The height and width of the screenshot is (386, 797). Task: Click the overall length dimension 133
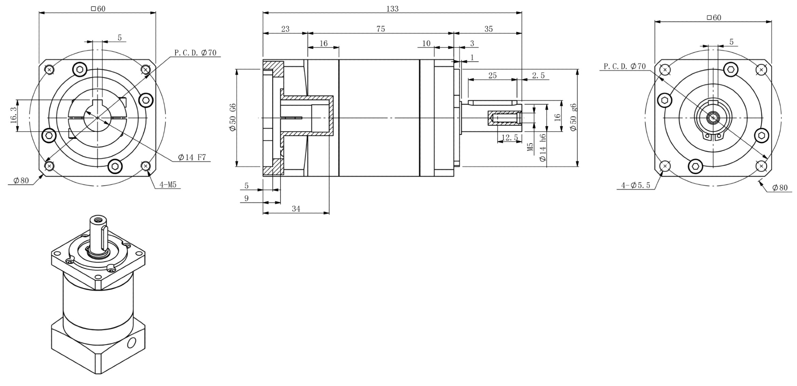(x=392, y=9)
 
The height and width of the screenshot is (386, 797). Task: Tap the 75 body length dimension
(x=381, y=29)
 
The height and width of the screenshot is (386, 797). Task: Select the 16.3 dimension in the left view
(x=14, y=115)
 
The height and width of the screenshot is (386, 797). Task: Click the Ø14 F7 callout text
(x=192, y=157)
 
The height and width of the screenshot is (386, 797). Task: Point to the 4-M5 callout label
(x=168, y=184)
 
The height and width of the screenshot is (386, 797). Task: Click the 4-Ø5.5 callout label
(x=636, y=185)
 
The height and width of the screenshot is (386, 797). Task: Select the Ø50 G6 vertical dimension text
(x=233, y=117)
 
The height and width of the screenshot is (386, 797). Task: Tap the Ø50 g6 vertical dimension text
(x=573, y=117)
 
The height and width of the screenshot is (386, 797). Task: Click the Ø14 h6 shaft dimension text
(x=543, y=147)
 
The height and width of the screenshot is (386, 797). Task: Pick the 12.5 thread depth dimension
(x=510, y=137)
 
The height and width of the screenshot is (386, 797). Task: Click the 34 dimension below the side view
(x=296, y=209)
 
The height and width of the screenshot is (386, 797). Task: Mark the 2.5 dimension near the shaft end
(x=538, y=75)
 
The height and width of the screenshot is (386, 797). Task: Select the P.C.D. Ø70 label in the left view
(x=195, y=53)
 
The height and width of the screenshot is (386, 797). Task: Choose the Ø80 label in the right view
(x=780, y=188)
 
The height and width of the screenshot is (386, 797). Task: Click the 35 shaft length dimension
(x=489, y=29)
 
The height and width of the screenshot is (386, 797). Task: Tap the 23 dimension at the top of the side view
(x=285, y=29)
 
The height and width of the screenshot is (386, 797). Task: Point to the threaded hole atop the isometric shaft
(x=98, y=218)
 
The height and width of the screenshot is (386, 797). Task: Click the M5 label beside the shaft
(x=530, y=147)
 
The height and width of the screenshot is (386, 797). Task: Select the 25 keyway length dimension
(x=492, y=75)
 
